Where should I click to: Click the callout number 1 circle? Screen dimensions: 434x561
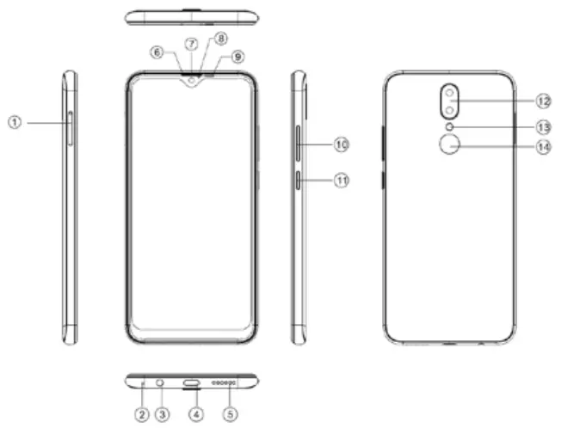tap(14, 123)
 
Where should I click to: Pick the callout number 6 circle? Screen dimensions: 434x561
tap(157, 52)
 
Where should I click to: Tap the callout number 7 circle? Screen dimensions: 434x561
tap(192, 43)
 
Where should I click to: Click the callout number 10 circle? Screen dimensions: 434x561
tap(341, 145)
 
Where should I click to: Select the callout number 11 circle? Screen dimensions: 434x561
tap(341, 180)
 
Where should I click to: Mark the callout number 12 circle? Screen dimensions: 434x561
tap(541, 101)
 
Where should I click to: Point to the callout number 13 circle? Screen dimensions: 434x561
tap(541, 126)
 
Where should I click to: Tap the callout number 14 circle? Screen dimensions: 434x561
tap(541, 147)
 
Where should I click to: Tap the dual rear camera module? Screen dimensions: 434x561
tap(449, 101)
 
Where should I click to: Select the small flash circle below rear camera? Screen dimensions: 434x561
tap(449, 127)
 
